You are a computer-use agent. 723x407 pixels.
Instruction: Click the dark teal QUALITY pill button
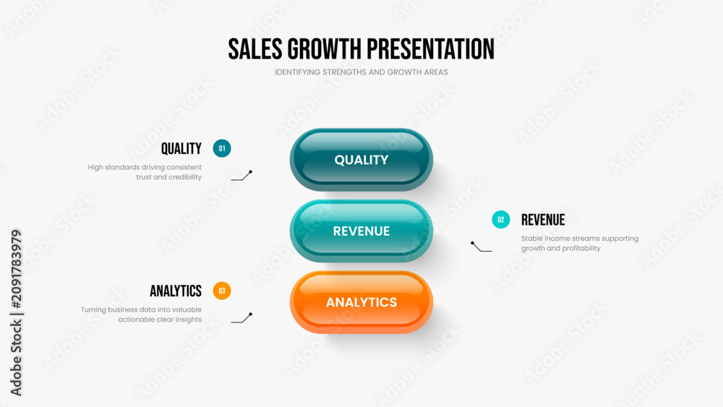pos(361,160)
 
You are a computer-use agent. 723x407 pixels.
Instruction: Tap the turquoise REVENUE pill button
pos(361,231)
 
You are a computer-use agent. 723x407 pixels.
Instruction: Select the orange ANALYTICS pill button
pos(361,302)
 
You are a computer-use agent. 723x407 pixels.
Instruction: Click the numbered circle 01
pos(222,148)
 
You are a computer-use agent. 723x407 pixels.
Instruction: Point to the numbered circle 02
pos(501,219)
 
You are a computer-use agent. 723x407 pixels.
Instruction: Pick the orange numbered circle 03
pos(222,291)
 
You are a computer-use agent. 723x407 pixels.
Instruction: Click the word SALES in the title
pos(255,49)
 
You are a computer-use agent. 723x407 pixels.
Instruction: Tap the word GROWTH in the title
pos(324,49)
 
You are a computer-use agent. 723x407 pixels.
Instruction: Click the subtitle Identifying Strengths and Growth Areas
pos(361,72)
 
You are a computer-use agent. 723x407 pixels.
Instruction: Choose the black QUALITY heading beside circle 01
pos(181,148)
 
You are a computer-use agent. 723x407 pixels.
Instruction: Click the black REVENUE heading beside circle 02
pos(543,220)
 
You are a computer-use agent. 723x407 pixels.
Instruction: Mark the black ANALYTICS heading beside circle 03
pos(176,291)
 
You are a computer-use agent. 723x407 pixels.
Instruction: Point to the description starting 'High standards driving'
pos(145,172)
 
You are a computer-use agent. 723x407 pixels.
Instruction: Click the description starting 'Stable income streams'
pos(580,244)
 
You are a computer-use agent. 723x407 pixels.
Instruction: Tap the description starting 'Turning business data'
pos(141,314)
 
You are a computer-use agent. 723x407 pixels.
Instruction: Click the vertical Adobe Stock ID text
pos(16,312)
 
